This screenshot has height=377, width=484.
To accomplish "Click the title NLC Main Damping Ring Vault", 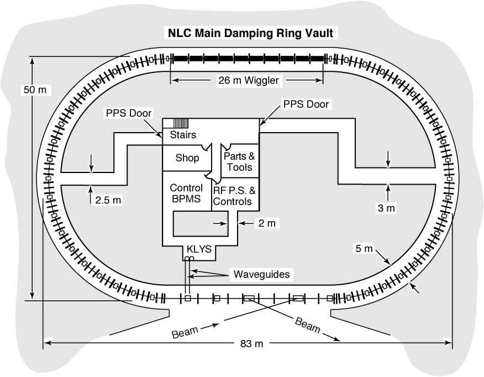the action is (250, 33).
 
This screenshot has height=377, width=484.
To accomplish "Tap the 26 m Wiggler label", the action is (249, 80).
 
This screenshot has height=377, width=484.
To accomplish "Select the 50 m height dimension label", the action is (35, 90).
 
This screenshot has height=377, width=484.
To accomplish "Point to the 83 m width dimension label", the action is (251, 343).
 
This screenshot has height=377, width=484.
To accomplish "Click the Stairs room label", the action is (183, 135).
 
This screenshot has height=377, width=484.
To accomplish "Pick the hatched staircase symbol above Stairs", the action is (181, 123).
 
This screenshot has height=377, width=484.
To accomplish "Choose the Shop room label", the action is (187, 158).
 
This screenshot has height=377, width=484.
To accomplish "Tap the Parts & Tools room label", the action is (240, 161).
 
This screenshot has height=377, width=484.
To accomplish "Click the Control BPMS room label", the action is (186, 193).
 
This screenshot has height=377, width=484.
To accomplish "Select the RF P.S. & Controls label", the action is (234, 196).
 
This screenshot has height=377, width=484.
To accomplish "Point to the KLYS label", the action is (199, 249).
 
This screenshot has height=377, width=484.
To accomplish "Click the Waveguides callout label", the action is (261, 274).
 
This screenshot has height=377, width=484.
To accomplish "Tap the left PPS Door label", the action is (129, 113).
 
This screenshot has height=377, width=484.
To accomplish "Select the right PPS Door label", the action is (306, 104).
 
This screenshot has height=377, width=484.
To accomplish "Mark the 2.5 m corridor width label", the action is (108, 200).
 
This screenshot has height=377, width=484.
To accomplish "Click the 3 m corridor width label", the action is (386, 208).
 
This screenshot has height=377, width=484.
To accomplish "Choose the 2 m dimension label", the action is (267, 223).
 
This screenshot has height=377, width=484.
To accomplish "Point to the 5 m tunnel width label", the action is (364, 248).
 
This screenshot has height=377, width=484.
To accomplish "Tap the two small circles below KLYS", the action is (189, 258).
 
